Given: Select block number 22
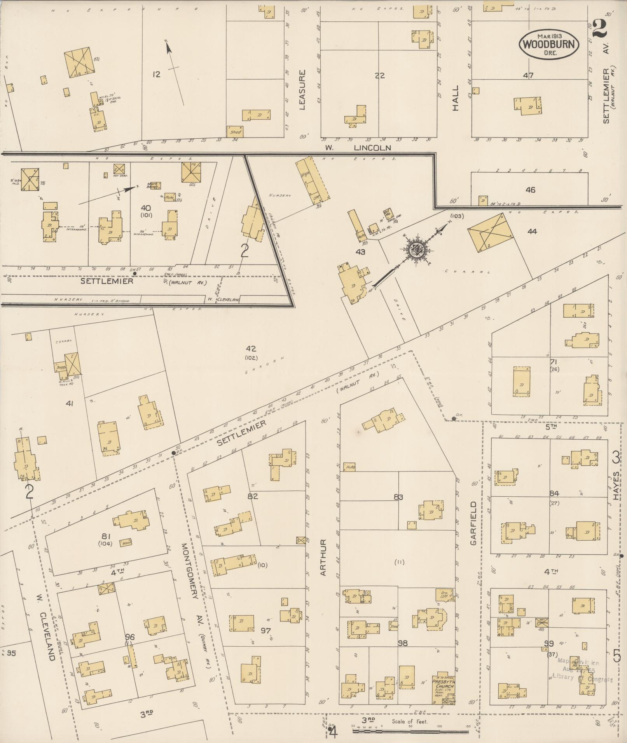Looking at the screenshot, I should (379, 76).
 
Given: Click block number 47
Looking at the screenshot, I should (528, 75).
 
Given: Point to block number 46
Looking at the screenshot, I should (530, 190).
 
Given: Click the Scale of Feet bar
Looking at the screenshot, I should (410, 731).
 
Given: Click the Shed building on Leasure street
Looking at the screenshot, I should (235, 131).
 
